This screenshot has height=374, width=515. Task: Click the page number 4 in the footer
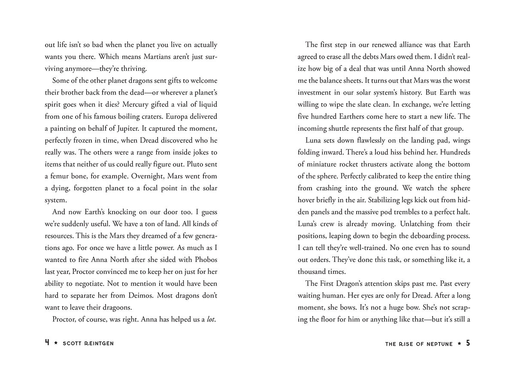tap(47, 343)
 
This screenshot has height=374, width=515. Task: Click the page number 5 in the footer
tap(468, 343)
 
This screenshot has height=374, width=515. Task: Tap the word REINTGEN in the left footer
tap(100, 344)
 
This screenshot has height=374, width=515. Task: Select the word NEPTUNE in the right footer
tap(438, 344)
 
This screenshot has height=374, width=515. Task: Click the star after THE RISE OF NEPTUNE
tap(459, 344)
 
